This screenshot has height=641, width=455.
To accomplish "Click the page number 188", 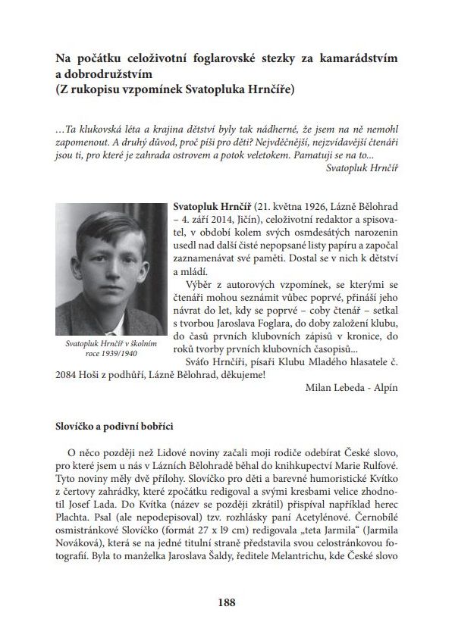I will [227, 603].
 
